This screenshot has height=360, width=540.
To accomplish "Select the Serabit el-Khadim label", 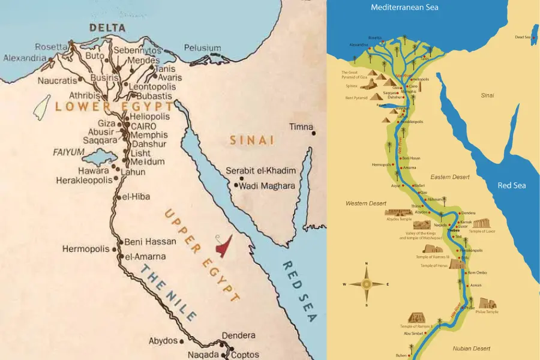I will (260, 171).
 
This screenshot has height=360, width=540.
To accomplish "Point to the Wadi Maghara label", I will (268, 186).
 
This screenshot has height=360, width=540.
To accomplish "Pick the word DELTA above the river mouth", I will (107, 28).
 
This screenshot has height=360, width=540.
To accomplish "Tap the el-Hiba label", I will (136, 197).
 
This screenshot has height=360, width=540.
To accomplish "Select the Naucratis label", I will (58, 81).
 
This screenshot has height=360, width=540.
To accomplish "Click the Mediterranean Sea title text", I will (404, 8).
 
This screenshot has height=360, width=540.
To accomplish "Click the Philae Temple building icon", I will (487, 303).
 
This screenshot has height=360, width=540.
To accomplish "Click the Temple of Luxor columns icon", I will (481, 223).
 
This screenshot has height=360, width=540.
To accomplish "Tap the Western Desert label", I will (365, 204).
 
